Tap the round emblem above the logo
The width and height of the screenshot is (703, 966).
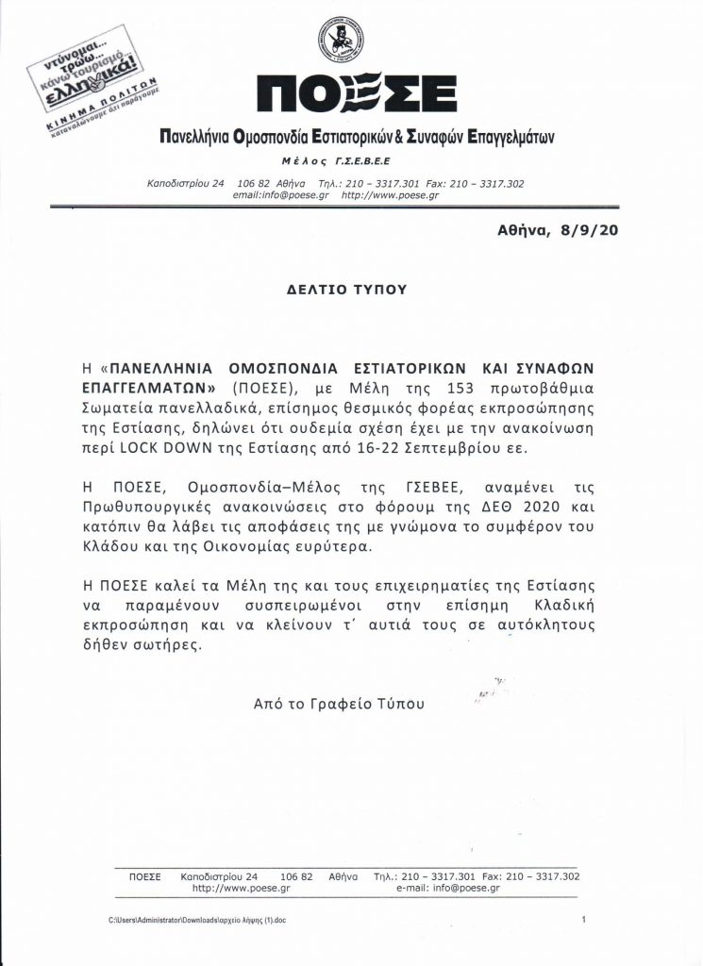(x=339, y=39)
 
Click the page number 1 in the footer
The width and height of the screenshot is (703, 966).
(x=584, y=919)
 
